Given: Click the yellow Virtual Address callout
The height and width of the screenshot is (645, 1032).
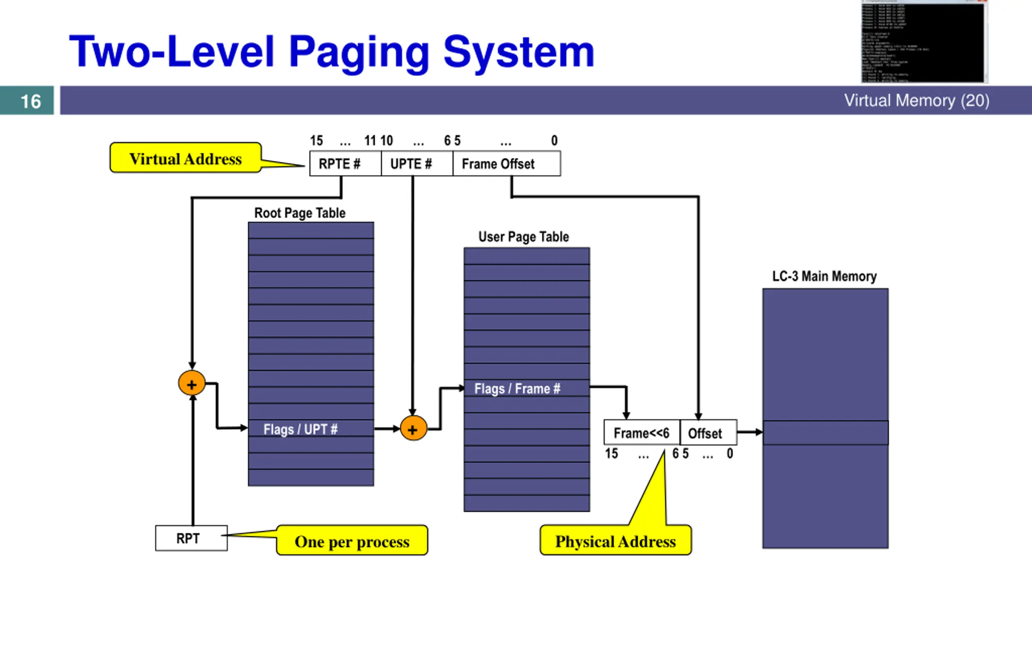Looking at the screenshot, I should point(185,158).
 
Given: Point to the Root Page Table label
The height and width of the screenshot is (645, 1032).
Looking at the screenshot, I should point(300,213).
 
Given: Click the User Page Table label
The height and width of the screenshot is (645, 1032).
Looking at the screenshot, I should point(523,237).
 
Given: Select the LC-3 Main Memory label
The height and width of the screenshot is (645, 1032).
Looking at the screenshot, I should point(824,277).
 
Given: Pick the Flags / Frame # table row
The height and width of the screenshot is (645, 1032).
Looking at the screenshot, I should point(526,388).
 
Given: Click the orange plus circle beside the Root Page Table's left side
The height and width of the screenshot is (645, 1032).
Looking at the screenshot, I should point(191,383).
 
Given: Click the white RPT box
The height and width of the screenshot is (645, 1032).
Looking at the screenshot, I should point(191,538).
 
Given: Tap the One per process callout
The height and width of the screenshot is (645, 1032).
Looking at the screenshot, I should point(352,541).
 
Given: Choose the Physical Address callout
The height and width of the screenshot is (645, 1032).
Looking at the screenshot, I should point(615,541).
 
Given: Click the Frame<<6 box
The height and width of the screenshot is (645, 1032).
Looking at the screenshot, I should point(641,433).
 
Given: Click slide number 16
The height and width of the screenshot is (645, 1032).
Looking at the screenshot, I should point(30,101).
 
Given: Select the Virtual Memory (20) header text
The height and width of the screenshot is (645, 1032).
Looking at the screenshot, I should point(916,101).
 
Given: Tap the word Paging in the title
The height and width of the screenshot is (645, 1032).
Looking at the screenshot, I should point(359,52).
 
